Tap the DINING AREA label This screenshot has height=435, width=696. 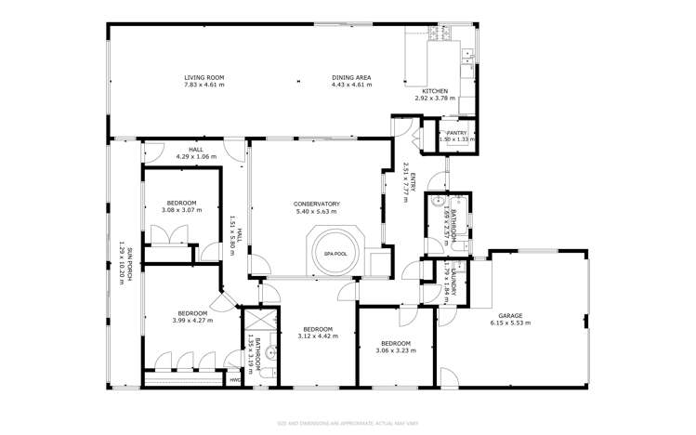pyautogui.click(x=351, y=77)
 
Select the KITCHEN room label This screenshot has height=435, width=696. pyautogui.click(x=435, y=91)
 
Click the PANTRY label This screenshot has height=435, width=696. pyautogui.click(x=455, y=133)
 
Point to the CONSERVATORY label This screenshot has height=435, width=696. pyautogui.click(x=317, y=204)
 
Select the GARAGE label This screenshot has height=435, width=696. pyautogui.click(x=509, y=315)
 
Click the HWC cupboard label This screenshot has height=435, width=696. pyautogui.click(x=234, y=379)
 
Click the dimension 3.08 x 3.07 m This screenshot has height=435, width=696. pyautogui.click(x=181, y=210)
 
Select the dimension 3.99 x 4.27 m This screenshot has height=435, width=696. pyautogui.click(x=192, y=321)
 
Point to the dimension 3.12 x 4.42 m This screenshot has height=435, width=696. pyautogui.click(x=317, y=336)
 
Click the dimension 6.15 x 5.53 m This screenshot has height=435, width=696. pyautogui.click(x=509, y=323)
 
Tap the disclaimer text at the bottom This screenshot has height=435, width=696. pyautogui.click(x=348, y=421)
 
